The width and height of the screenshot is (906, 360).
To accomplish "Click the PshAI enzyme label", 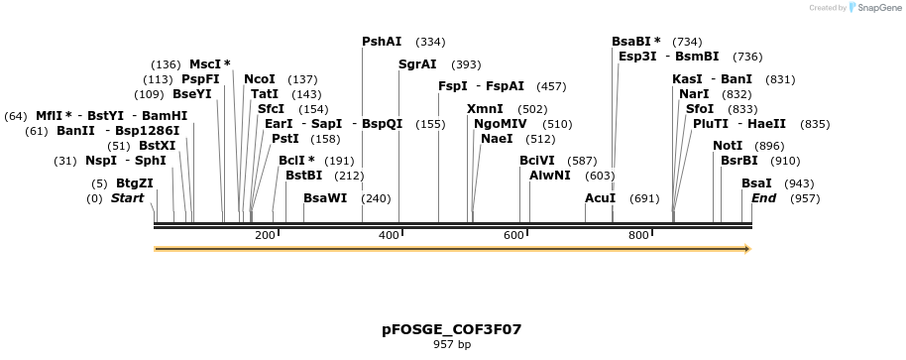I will coord(382,43).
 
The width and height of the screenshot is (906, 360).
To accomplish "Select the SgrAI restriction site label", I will coord(417,64).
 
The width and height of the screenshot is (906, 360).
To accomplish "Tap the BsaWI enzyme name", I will coord(325,198).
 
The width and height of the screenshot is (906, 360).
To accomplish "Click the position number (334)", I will coord(430,43).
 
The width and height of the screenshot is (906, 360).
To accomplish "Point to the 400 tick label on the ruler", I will coord(389,235).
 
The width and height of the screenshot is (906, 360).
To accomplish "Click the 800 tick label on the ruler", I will coord(638,235).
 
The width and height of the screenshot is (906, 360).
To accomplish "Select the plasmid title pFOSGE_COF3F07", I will coord(452,328).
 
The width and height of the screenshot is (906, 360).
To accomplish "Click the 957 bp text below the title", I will coord(452,345).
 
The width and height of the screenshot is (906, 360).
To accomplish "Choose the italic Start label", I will coord(127,198).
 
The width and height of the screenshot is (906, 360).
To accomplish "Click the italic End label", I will coord(763,198).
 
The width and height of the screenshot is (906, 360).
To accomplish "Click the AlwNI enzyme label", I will coord(550,176).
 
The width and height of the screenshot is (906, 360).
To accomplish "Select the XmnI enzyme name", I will coord(485,109).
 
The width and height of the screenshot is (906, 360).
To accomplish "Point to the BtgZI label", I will coord(135,183).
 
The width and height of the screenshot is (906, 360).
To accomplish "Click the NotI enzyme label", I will coord(728,146).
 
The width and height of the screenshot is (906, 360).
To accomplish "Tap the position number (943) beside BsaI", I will coord(799,183).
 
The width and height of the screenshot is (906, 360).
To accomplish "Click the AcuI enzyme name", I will coord(601,198).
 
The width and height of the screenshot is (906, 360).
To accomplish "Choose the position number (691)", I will coord(644,198).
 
